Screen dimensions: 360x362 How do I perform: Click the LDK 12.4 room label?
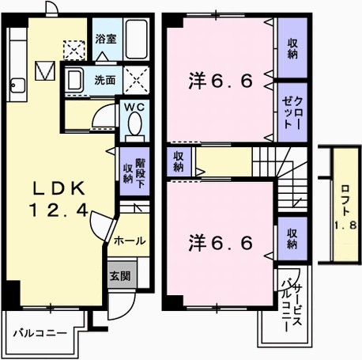tap(58, 199)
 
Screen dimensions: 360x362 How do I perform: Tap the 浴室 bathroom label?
tap(105, 36)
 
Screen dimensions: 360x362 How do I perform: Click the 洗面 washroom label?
tap(105, 79)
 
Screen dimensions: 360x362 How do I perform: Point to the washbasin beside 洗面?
tap(76, 80)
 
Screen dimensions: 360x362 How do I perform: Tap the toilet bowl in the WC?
tap(133, 125)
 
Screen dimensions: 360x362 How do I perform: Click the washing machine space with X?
tap(137, 79)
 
